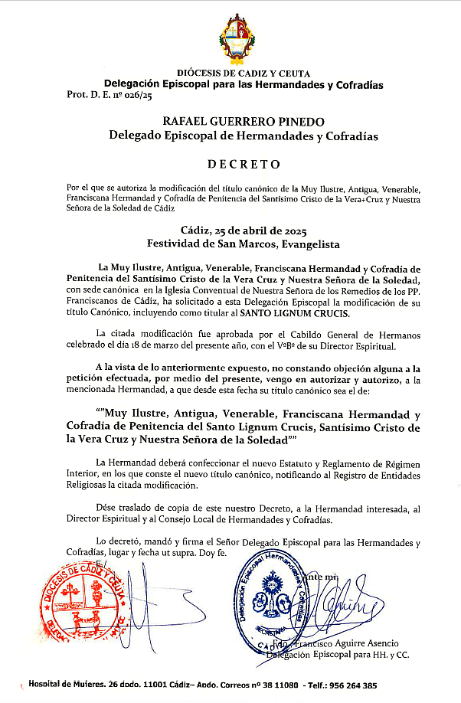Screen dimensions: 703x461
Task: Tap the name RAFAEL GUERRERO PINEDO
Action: click(233, 122)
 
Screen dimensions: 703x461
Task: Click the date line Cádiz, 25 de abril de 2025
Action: click(232, 230)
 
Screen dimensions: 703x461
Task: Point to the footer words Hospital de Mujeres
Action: click(67, 685)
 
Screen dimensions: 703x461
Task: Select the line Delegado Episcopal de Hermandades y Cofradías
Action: click(233, 136)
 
